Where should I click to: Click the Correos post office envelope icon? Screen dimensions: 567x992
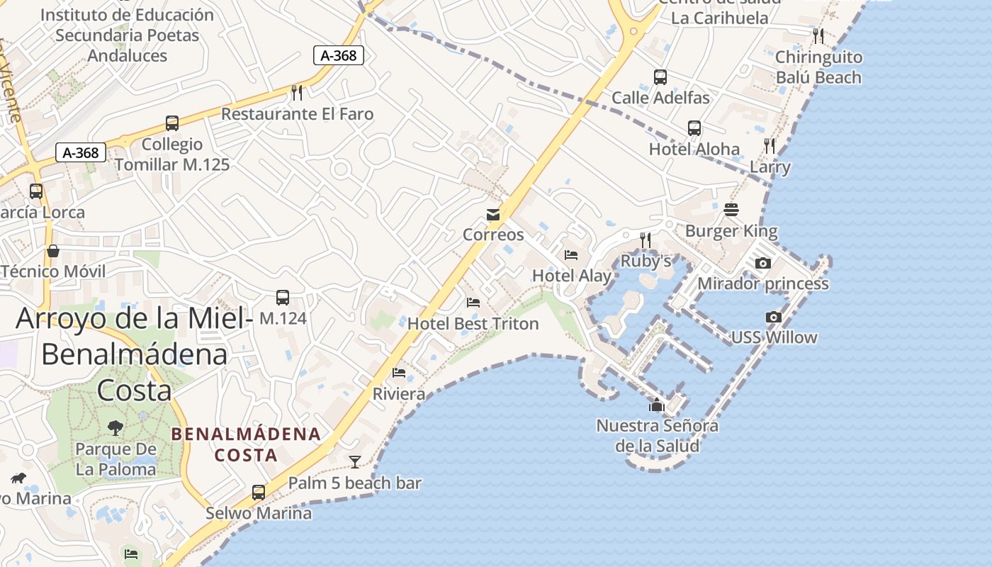(493, 215)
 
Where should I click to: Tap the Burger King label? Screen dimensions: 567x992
(731, 231)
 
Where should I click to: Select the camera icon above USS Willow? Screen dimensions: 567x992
(774, 317)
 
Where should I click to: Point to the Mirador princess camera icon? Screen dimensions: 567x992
(763, 263)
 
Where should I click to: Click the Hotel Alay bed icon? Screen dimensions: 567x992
(571, 255)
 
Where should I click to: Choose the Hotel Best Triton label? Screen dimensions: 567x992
(473, 324)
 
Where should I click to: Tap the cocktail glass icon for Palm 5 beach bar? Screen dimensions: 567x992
(355, 462)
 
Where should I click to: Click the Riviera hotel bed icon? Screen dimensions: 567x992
(399, 373)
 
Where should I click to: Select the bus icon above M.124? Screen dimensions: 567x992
(283, 297)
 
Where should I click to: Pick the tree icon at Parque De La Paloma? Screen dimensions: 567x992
(115, 427)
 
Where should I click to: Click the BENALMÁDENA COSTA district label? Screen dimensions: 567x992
(246, 444)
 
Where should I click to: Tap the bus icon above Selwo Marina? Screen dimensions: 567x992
(259, 492)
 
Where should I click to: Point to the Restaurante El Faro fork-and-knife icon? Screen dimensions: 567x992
(298, 92)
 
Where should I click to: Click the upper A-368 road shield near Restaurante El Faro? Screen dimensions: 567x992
(339, 55)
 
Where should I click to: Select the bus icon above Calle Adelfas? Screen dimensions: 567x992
(660, 77)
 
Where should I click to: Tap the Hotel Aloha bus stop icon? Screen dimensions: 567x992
(694, 128)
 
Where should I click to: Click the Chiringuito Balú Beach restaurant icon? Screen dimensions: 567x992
(818, 35)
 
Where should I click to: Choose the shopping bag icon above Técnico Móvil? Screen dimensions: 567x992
(53, 251)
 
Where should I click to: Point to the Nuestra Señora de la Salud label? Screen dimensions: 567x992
(657, 436)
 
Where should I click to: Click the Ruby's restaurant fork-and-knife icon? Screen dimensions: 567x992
(646, 240)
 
